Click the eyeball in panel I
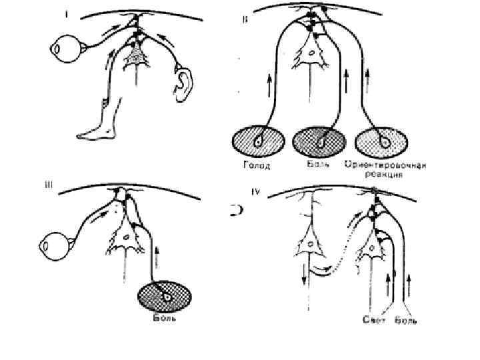pyautogui.click(x=61, y=49)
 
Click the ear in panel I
pyautogui.click(x=183, y=82)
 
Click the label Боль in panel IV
pyautogui.click(x=406, y=321)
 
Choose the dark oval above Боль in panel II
pyautogui.click(x=319, y=142)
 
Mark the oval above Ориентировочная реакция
pyautogui.click(x=382, y=142)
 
